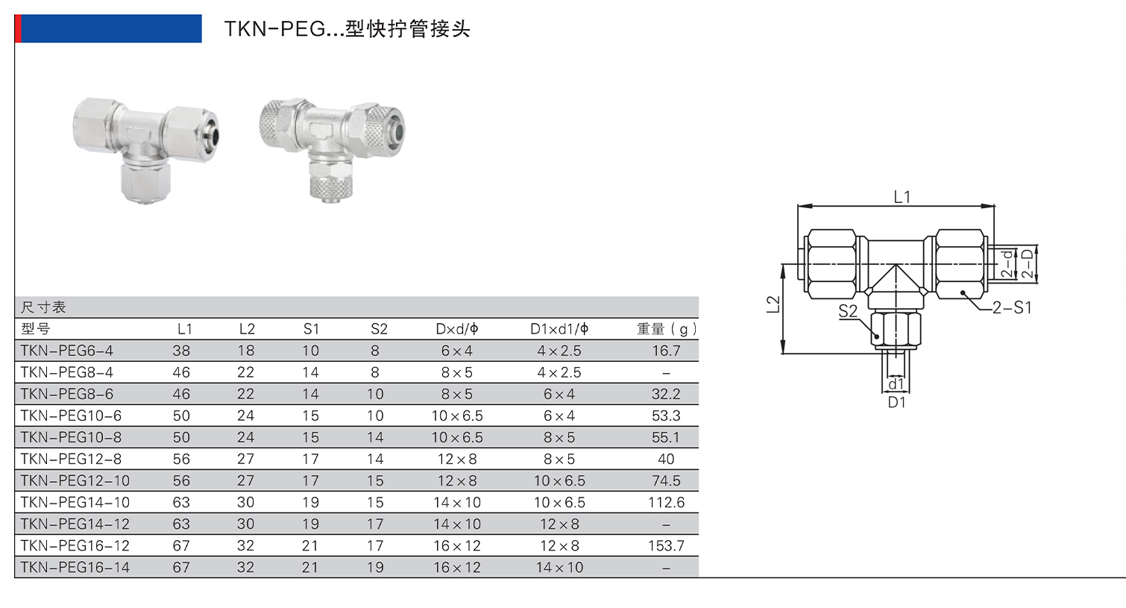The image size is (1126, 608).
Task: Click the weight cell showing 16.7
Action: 666,351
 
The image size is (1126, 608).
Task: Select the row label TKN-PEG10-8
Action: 71,437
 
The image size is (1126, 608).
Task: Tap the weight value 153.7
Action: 666,545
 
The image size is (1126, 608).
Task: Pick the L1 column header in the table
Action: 184,329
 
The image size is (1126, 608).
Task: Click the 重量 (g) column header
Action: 667,329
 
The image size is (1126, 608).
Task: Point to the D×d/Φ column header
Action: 457,329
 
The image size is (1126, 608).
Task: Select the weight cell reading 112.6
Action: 666,502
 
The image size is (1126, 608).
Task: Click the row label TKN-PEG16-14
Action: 75,567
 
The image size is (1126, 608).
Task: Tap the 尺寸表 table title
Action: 43,307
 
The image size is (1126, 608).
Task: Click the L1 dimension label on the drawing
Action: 902,197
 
